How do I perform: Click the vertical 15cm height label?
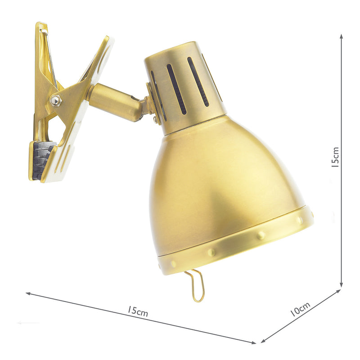click(x=335, y=157)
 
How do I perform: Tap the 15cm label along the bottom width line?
click(x=137, y=311)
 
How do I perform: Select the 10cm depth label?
click(x=300, y=310)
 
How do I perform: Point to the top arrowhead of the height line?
click(x=342, y=36)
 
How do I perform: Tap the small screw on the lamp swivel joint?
click(x=156, y=120)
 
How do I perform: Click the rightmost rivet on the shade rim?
click(x=300, y=220)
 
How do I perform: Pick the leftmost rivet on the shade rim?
click(x=174, y=264)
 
